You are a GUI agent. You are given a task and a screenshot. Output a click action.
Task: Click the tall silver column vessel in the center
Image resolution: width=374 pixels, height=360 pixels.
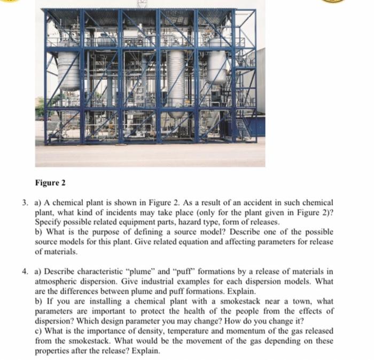click(x=176, y=80)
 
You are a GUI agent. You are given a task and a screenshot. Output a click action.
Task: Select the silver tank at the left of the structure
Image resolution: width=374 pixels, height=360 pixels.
click(x=68, y=70)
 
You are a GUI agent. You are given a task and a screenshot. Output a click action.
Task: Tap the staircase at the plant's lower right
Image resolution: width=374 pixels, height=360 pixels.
click(x=243, y=128)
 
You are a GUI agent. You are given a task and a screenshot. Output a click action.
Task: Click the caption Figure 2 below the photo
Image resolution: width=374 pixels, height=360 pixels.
click(x=50, y=183)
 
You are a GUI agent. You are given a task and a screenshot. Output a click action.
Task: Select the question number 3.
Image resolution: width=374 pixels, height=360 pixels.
click(x=26, y=203)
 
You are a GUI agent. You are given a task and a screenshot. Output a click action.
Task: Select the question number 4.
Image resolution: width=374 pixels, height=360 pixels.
click(x=26, y=271)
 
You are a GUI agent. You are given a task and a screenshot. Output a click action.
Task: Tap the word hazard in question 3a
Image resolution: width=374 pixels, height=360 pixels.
click(x=212, y=222)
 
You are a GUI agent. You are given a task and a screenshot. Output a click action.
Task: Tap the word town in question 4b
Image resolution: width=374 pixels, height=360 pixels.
click(x=301, y=301)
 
